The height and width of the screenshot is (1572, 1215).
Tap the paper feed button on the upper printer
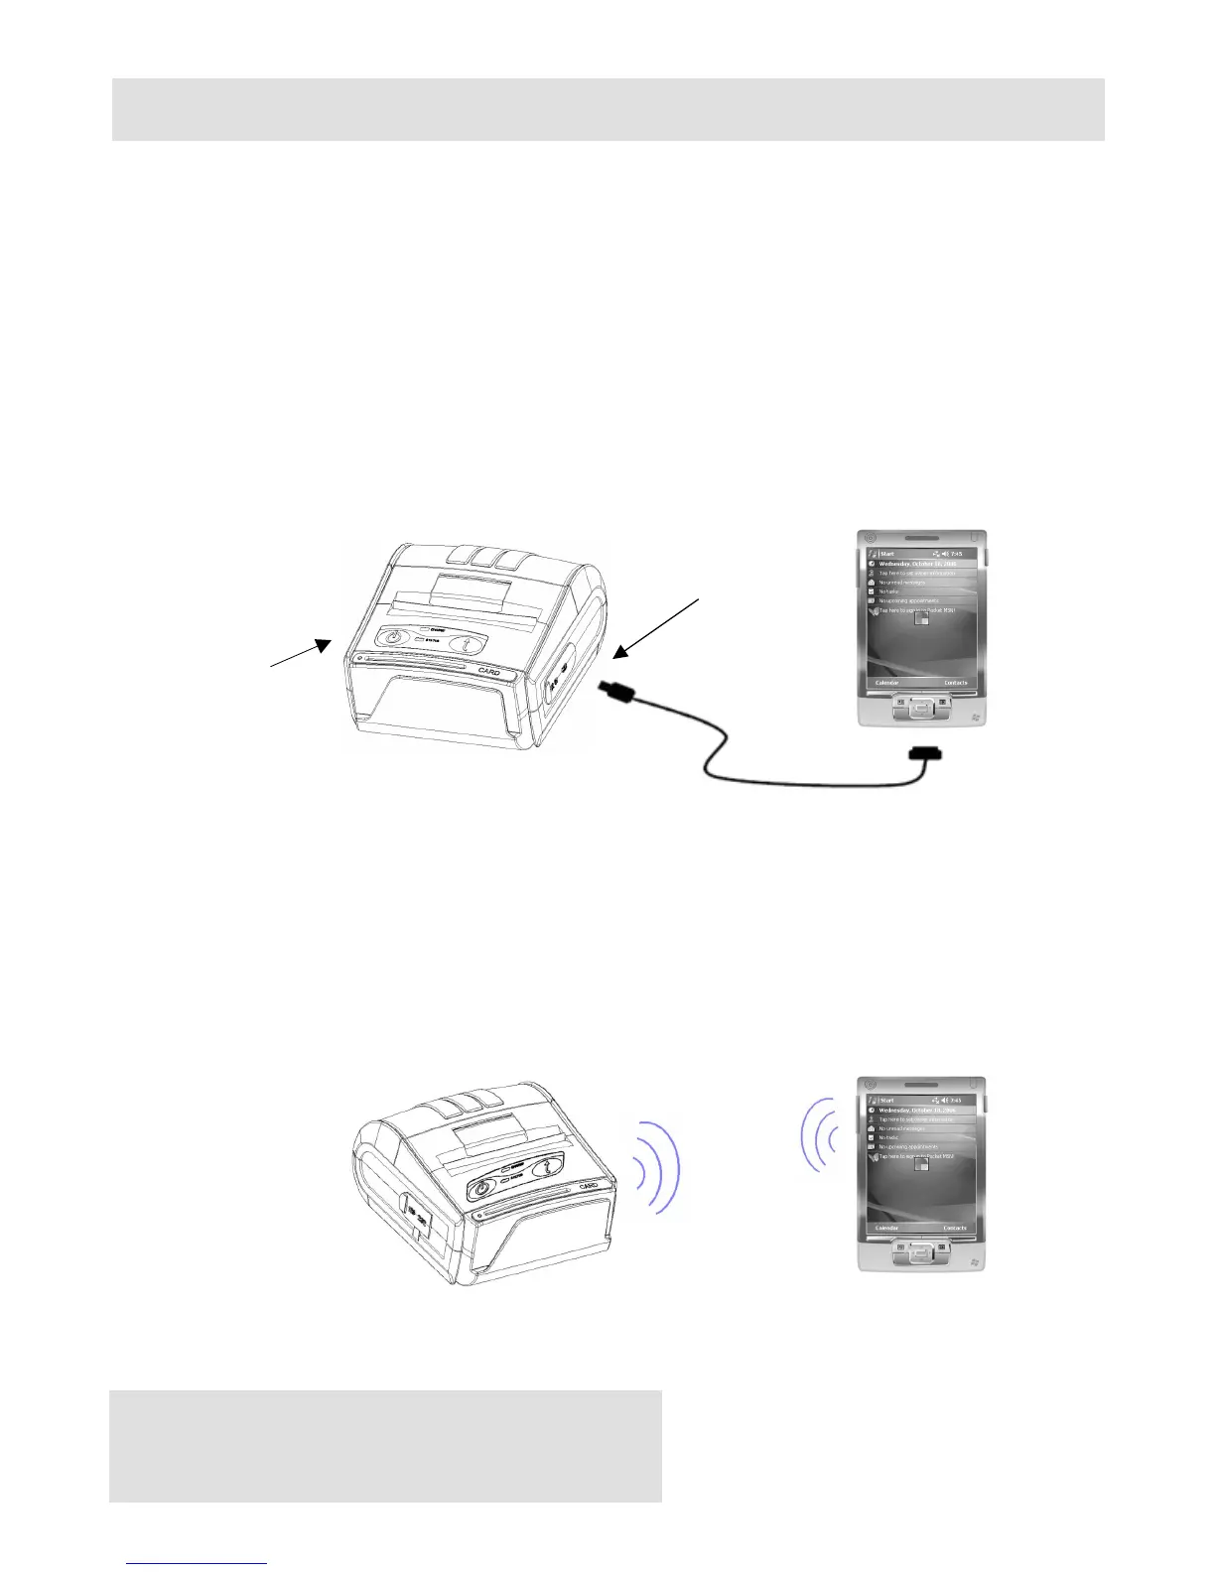coord(468,643)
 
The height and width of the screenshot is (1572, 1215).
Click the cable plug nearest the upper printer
coord(612,692)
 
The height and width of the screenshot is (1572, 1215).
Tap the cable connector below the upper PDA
coord(926,757)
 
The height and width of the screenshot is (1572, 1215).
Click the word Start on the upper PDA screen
coord(886,554)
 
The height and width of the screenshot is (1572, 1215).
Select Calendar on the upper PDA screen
coord(886,683)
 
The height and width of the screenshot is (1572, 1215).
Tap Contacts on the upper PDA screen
coord(955,683)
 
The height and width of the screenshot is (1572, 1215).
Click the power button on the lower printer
coord(483,1188)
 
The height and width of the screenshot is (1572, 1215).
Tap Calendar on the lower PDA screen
coord(886,1229)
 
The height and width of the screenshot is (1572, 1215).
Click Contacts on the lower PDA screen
coord(955,1229)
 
